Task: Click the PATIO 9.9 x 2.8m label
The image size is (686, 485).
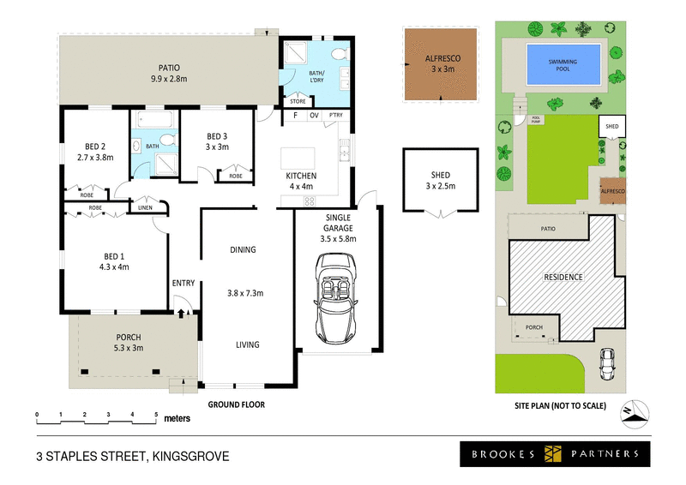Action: (x=168, y=74)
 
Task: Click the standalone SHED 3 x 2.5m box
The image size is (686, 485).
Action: (x=440, y=179)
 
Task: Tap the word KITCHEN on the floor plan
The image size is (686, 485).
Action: (x=301, y=176)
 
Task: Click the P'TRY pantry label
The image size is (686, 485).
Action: (x=335, y=115)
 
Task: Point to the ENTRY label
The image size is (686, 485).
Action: (x=184, y=284)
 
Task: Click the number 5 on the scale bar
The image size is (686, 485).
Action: (x=156, y=415)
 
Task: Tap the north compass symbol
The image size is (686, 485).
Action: (x=633, y=411)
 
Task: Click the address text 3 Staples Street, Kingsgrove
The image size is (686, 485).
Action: (x=133, y=455)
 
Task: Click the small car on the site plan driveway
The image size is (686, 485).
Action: (x=608, y=364)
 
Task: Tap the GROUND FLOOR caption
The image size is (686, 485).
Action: (x=236, y=404)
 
